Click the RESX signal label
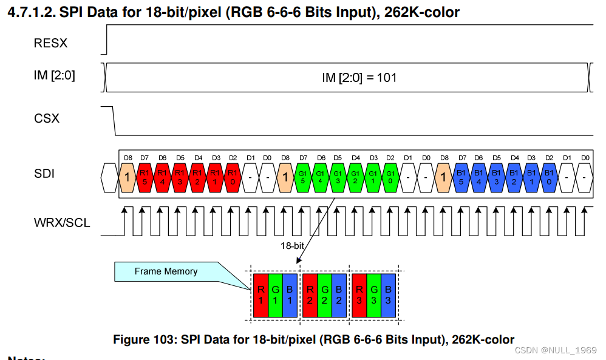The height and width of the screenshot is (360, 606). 51,44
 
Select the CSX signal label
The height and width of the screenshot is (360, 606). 47,118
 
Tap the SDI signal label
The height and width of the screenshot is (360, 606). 44,174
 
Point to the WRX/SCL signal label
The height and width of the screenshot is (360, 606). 62,223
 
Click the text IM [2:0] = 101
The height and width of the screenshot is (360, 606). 359,78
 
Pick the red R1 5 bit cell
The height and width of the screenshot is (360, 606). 145,175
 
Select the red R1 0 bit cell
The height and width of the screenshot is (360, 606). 233,175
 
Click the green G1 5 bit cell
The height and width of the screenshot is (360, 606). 303,175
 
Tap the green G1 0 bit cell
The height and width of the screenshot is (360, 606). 390,175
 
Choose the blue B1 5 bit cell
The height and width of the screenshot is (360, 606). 461,175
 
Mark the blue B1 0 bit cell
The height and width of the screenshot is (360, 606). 549,175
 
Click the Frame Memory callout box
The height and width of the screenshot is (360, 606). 166,271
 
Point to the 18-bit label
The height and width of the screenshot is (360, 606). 293,246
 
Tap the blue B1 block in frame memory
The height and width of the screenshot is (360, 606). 290,295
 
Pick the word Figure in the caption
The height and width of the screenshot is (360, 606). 132,340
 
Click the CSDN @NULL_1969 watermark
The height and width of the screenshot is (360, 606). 554,351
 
